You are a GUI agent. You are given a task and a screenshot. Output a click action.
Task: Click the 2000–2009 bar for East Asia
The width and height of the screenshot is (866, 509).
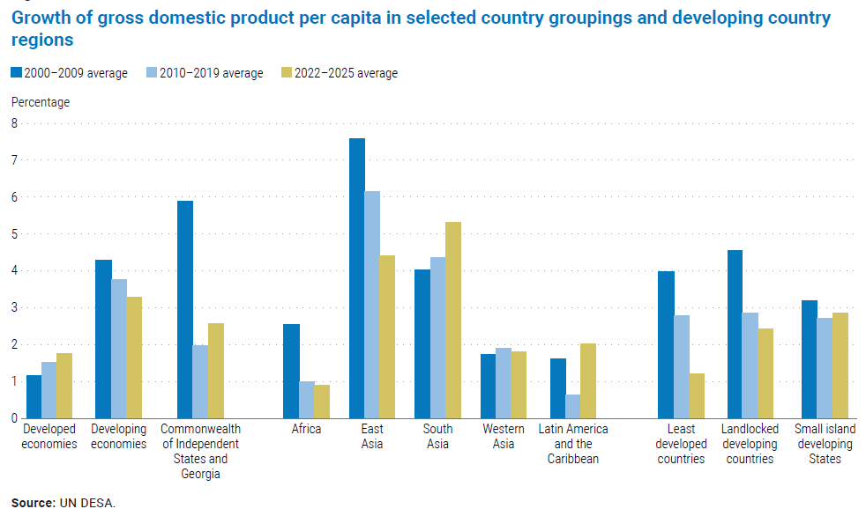[357, 278]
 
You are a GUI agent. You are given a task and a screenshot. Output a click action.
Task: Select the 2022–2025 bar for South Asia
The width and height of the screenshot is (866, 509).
[453, 321]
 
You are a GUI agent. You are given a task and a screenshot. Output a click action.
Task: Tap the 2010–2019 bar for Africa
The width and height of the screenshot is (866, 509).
[307, 400]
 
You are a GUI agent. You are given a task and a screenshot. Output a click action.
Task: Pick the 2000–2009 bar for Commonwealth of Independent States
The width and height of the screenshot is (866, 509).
[185, 310]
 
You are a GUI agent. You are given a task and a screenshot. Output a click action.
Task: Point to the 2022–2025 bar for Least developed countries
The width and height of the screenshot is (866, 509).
[697, 396]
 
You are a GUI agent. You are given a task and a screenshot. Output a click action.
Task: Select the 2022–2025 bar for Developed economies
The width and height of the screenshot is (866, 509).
[64, 386]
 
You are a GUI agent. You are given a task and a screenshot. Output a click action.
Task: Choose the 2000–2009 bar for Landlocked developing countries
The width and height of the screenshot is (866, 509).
[735, 335]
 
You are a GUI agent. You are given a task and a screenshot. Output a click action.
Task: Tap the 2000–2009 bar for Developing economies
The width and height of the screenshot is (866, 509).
[103, 339]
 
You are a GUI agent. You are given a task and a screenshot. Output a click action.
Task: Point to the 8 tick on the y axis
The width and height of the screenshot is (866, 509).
[14, 124]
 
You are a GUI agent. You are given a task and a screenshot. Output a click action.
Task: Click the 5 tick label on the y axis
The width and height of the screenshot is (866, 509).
[14, 234]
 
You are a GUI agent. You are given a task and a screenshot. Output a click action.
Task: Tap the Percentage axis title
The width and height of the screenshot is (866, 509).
[41, 102]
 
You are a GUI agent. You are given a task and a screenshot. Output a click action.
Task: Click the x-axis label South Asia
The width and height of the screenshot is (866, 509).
[437, 436]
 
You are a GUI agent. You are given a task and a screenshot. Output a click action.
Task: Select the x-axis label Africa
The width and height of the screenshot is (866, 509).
[306, 429]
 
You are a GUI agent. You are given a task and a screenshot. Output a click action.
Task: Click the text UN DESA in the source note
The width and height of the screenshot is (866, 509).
[86, 503]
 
